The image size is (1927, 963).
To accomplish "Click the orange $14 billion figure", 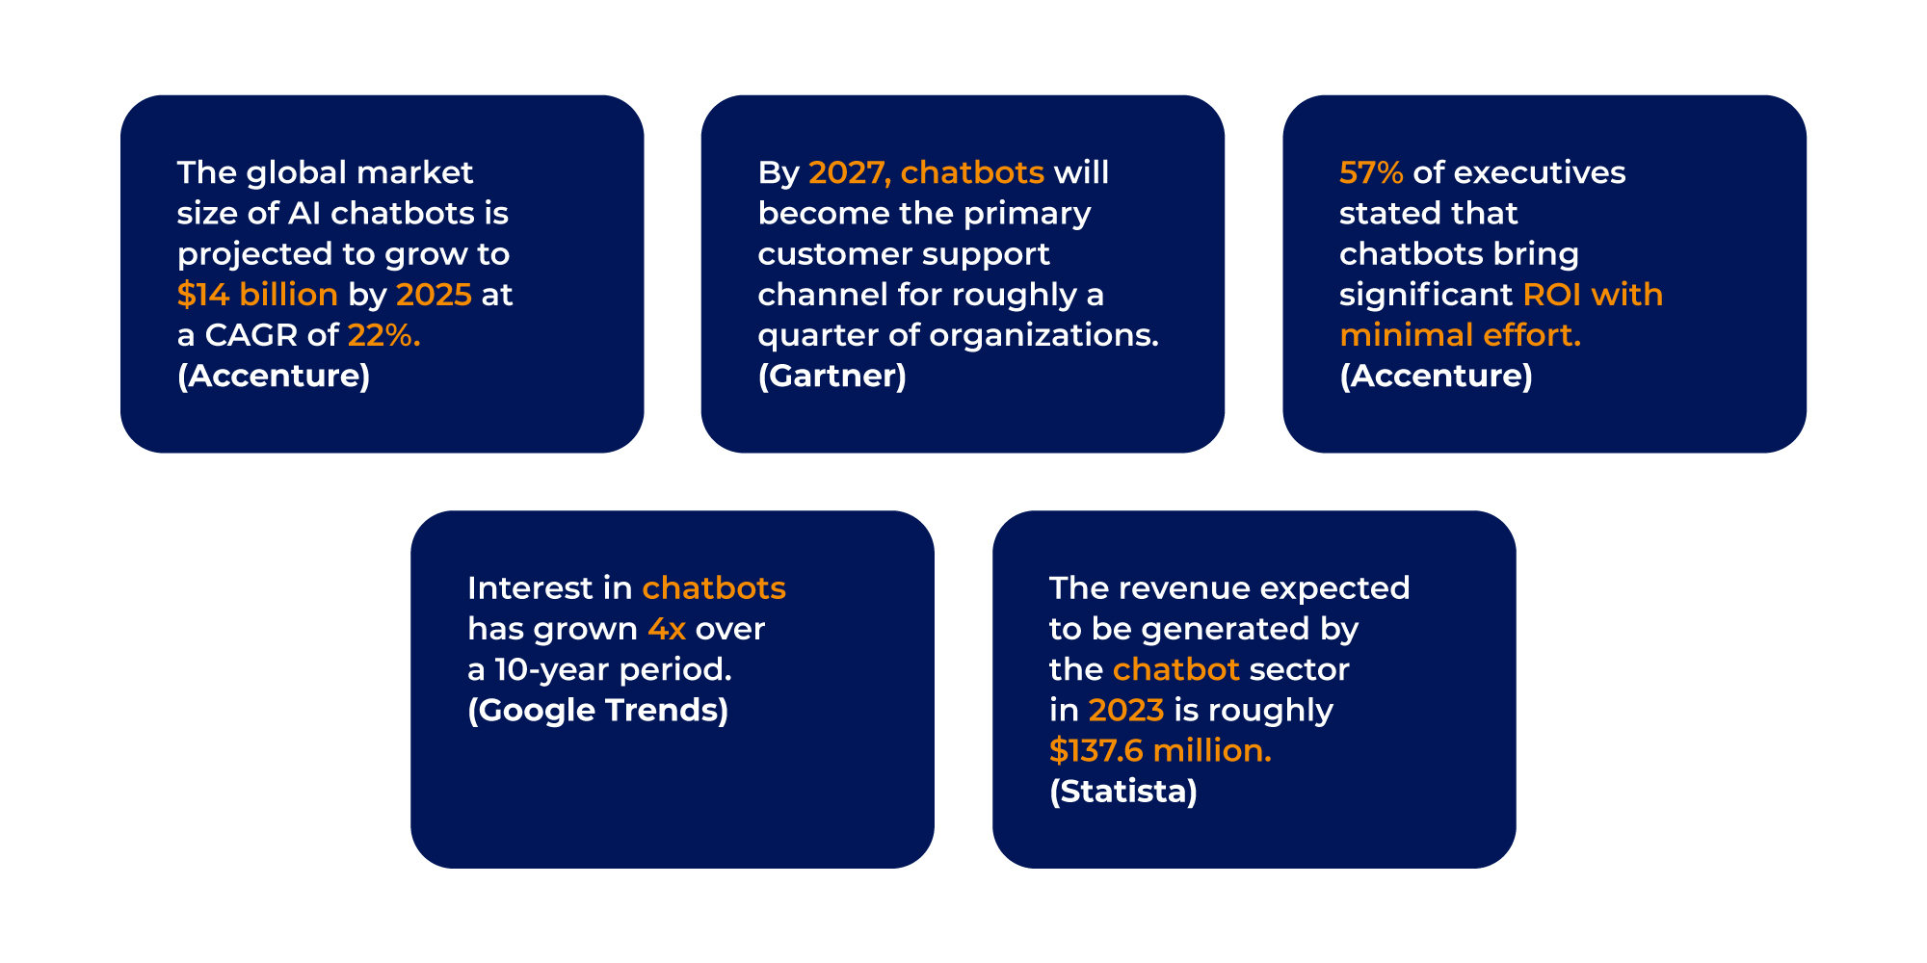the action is [257, 295].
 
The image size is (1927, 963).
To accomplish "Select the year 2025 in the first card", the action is [434, 295].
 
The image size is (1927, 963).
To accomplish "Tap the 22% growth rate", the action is [383, 335].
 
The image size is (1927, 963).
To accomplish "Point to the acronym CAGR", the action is [251, 335].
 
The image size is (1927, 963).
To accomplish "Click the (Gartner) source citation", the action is [832, 376].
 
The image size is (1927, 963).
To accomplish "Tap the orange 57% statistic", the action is [1371, 173].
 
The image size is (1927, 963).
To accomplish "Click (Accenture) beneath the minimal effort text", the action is [1436, 376].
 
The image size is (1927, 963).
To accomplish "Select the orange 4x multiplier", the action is [667, 630].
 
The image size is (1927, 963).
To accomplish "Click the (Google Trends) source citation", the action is [598, 711].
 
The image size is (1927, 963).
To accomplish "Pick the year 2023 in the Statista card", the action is [1126, 711].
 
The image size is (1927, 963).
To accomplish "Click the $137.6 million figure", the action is [1160, 751].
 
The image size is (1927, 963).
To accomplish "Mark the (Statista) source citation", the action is [1123, 792].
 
